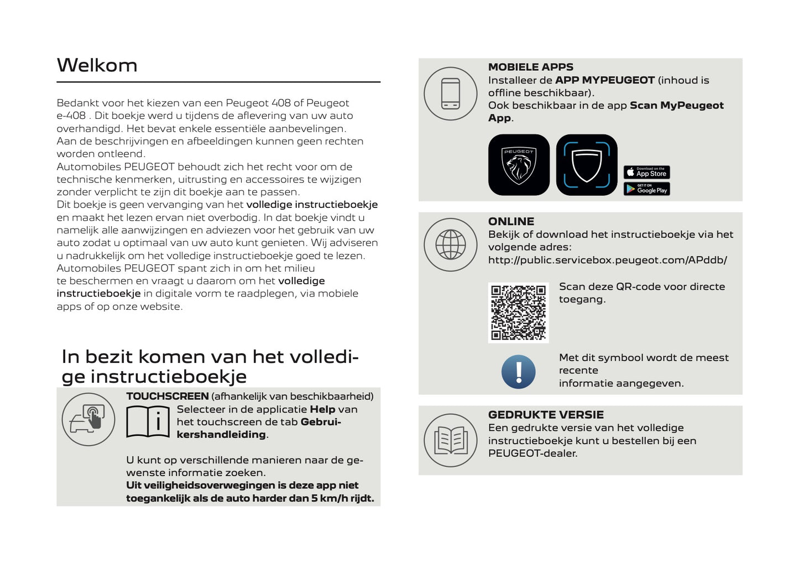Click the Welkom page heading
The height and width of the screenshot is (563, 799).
tap(97, 65)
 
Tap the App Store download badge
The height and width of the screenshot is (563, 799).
tap(646, 173)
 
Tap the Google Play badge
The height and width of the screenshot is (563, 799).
tap(646, 189)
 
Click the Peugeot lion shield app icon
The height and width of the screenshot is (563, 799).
tap(519, 165)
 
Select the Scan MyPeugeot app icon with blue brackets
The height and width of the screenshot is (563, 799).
tap(586, 165)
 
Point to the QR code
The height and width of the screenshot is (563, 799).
tap(518, 312)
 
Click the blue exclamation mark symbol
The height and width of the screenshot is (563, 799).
tap(518, 372)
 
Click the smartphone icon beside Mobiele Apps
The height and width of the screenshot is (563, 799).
tap(450, 93)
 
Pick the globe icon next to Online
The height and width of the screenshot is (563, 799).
tap(450, 244)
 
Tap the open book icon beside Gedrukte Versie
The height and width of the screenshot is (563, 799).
tap(450, 440)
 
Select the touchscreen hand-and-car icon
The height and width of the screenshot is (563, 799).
tap(88, 419)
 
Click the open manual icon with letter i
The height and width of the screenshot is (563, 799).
tap(147, 422)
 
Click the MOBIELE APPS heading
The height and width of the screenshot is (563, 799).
tap(530, 67)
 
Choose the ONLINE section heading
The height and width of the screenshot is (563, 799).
tap(511, 221)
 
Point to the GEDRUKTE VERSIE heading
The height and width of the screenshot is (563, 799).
tap(545, 415)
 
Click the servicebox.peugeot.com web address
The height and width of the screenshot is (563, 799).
tap(607, 260)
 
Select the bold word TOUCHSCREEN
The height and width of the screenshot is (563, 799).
tap(167, 397)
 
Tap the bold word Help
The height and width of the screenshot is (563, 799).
tap(322, 409)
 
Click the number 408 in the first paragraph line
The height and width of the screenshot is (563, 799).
tap(281, 103)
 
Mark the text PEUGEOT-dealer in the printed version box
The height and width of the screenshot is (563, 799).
tap(532, 453)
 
